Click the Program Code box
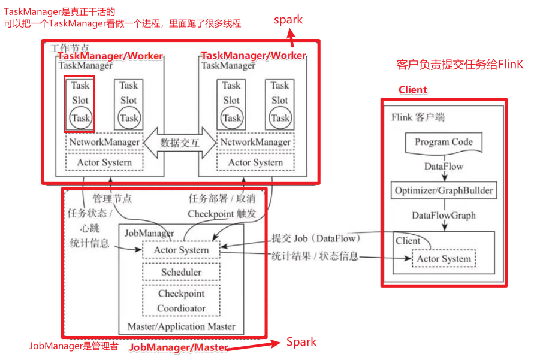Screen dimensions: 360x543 444,143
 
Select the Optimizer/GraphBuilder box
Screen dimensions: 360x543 444,190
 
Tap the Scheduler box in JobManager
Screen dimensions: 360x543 181,272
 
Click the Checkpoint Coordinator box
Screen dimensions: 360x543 181,301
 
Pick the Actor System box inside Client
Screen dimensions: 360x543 444,259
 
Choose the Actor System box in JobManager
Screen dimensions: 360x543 181,250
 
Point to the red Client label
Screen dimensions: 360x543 413,90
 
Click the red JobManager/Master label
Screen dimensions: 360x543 179,347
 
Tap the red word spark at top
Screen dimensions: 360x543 288,20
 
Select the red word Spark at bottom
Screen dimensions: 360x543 301,342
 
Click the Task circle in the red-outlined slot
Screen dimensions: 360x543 80,118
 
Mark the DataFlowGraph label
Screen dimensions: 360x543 444,215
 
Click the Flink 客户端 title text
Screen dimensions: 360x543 418,117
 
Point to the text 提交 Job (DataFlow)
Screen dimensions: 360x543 306,238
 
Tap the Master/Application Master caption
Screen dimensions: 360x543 181,327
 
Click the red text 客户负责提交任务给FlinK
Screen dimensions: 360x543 460,65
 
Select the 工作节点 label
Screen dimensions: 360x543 70,47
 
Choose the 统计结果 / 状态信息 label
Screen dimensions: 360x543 315,256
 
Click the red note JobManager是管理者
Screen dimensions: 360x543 74,346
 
